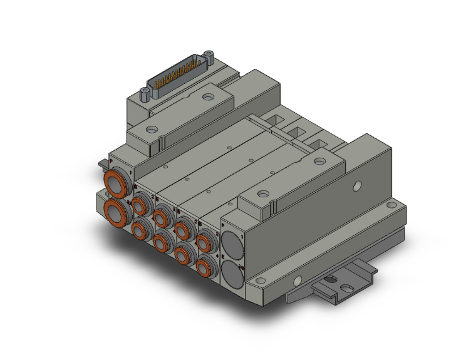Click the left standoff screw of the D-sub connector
(x=145, y=94)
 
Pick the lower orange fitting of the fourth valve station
(x=204, y=267)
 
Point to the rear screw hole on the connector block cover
(x=208, y=98)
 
